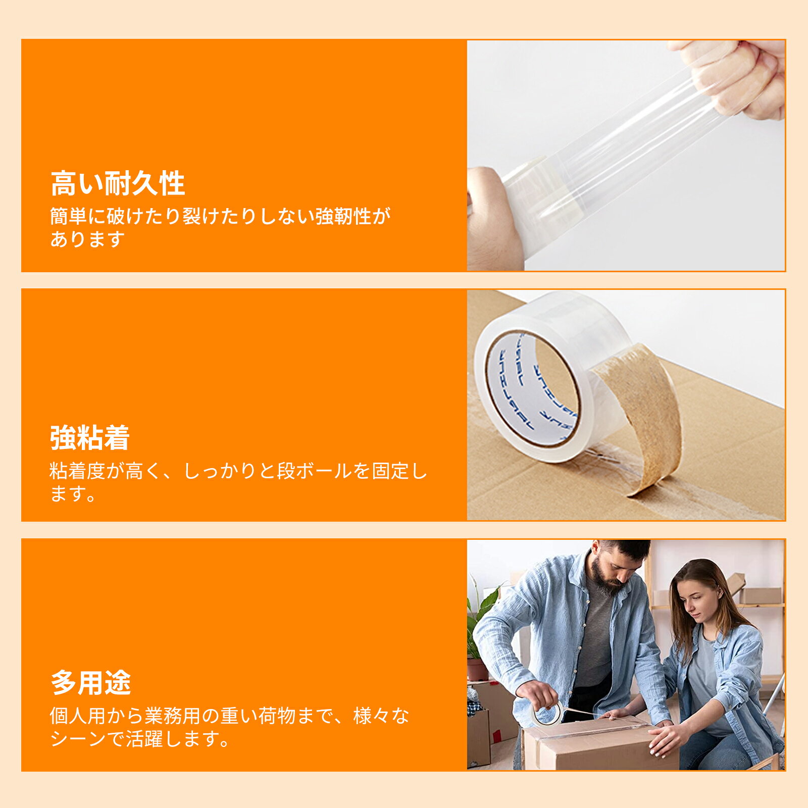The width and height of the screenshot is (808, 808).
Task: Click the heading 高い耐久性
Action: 118,183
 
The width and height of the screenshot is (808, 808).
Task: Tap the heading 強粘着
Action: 90,438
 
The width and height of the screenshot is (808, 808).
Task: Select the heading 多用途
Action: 91,683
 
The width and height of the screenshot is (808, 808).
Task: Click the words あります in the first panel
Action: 87,239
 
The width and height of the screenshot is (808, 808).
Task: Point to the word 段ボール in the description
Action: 314,471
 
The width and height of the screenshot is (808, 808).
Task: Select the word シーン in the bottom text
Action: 78,739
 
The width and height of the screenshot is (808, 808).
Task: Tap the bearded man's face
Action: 614,568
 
